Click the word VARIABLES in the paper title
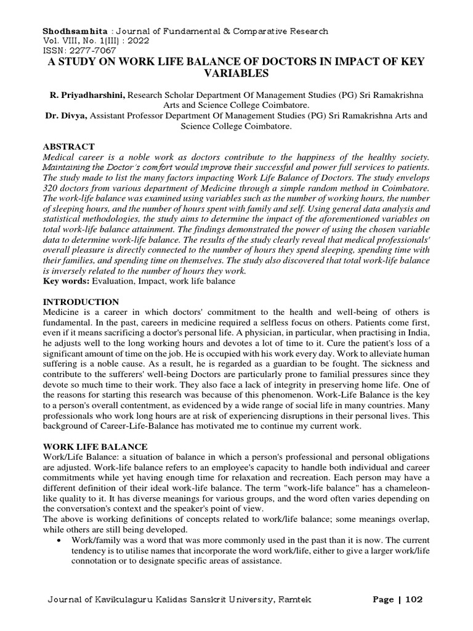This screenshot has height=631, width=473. click(236, 74)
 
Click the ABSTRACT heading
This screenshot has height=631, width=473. click(68, 147)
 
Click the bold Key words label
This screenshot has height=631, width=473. click(65, 281)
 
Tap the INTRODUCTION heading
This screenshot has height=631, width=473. click(80, 302)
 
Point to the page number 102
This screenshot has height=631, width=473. click(414, 600)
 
